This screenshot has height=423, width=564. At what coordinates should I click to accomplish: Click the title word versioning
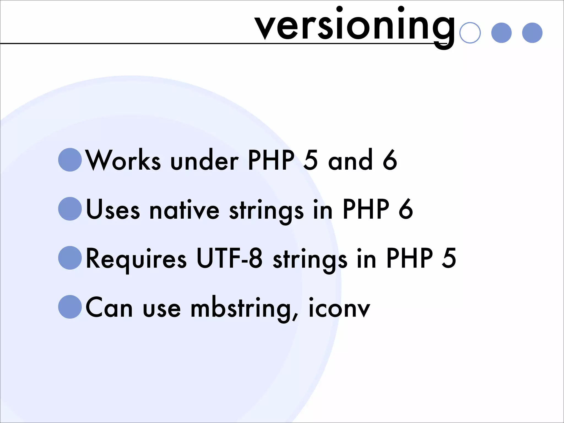355,26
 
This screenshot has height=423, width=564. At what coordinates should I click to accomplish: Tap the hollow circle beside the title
470,33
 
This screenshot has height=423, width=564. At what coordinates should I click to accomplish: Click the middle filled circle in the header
501,33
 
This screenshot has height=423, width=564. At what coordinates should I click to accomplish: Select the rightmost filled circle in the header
532,33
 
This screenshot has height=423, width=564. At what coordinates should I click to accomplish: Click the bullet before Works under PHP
70,160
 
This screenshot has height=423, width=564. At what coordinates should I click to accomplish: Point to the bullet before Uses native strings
70,209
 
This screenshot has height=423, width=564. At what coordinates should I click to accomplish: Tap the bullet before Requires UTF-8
70,258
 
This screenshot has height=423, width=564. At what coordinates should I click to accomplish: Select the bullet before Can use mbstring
70,307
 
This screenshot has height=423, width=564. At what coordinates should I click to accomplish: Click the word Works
123,160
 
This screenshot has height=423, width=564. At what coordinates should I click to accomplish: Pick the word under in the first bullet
204,161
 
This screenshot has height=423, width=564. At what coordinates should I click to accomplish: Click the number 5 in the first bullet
311,160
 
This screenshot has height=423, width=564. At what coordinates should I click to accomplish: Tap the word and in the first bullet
350,160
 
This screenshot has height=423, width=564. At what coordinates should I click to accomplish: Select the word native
184,210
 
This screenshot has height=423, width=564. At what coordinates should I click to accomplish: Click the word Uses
113,210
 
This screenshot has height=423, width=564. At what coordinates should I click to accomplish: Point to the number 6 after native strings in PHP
406,209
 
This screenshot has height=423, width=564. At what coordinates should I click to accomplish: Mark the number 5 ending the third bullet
449,258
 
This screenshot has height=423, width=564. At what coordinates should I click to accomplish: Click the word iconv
339,308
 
